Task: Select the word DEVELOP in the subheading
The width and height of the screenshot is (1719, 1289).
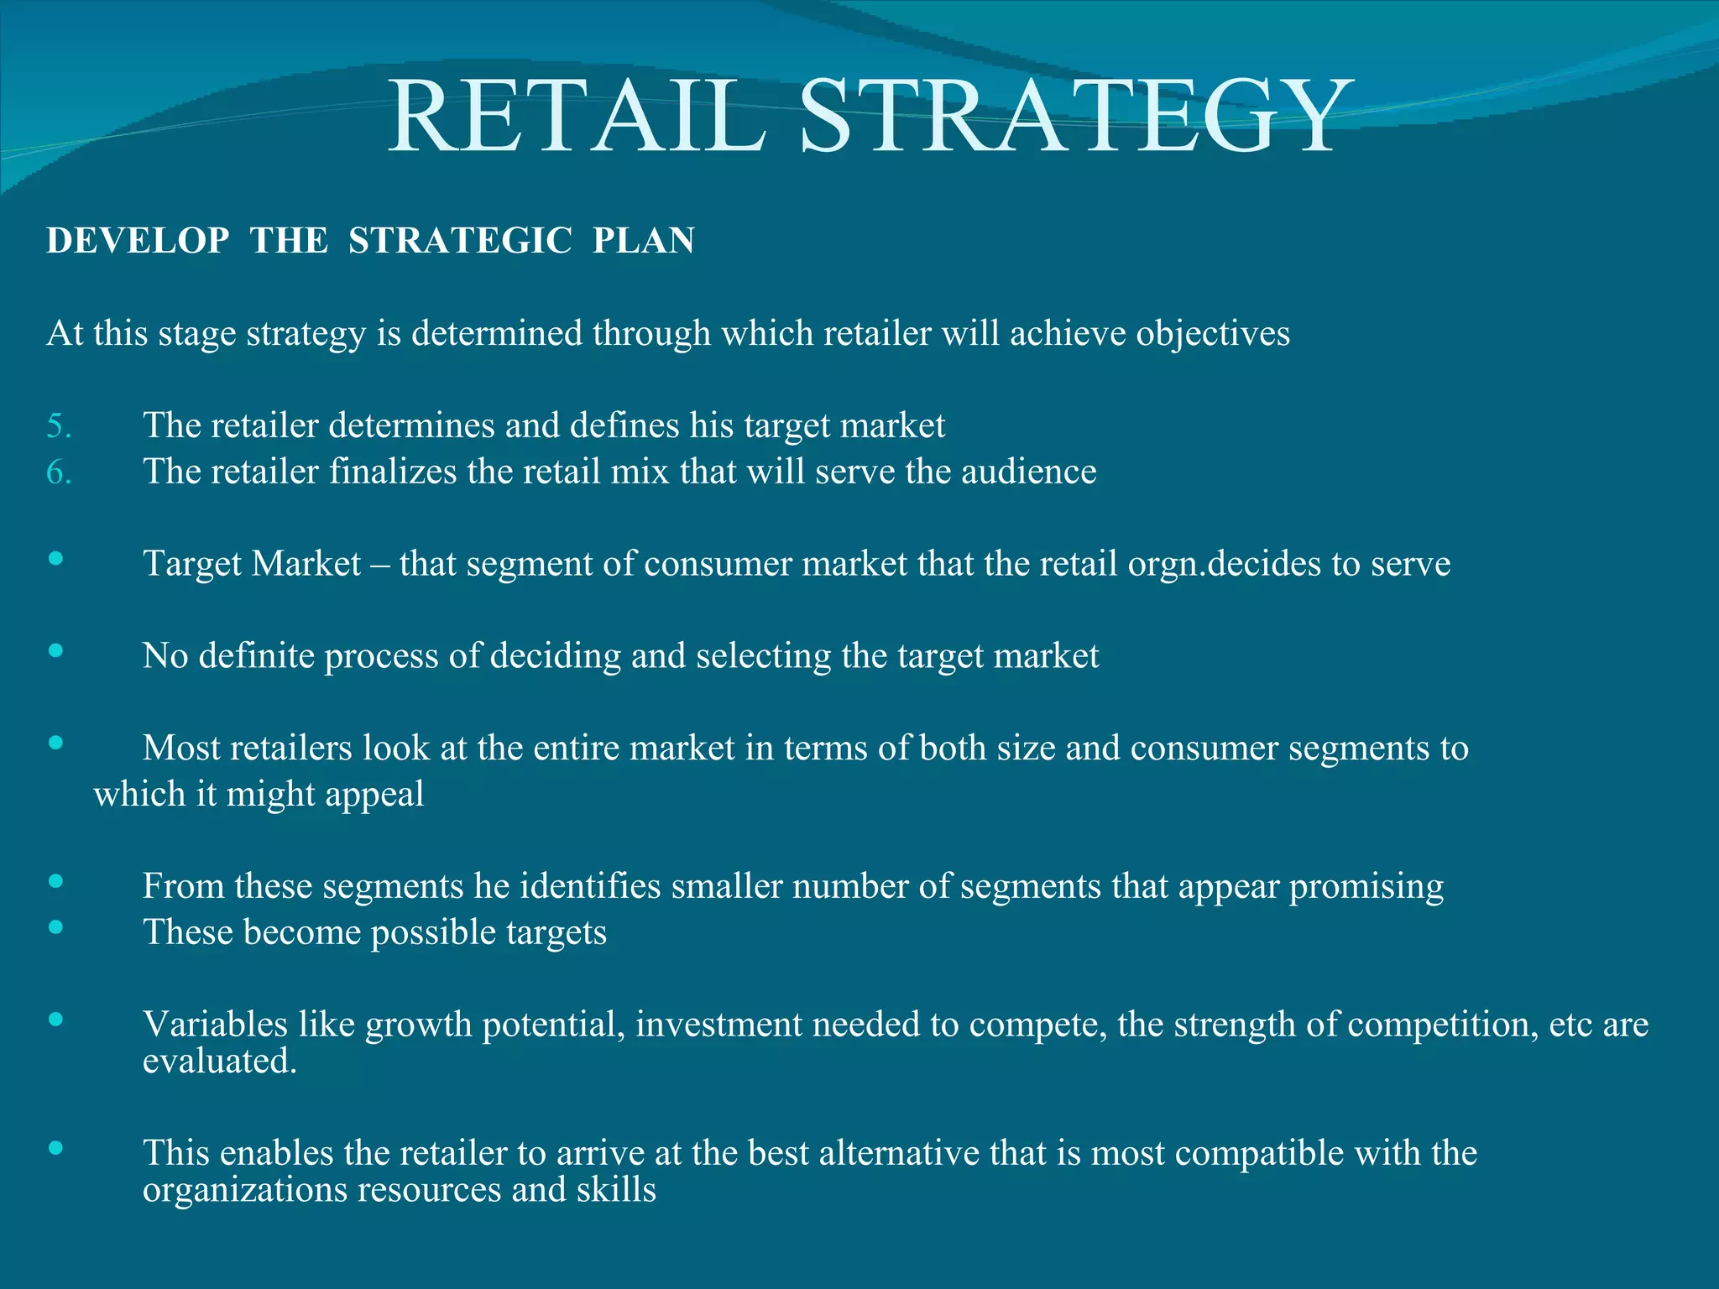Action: point(138,241)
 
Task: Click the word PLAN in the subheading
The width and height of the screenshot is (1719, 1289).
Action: point(644,241)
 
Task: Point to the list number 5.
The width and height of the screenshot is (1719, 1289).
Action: point(59,426)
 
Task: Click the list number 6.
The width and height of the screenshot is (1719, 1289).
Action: point(59,472)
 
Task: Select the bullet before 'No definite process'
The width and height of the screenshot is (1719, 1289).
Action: point(56,650)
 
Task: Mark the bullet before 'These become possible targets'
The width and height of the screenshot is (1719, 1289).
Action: point(56,926)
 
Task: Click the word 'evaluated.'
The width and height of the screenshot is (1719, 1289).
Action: point(220,1062)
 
